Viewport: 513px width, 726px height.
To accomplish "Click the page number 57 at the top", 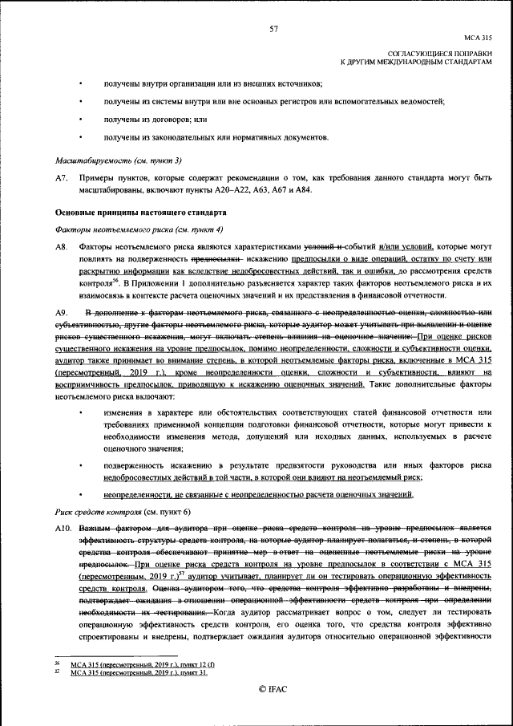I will pyautogui.click(x=273, y=29).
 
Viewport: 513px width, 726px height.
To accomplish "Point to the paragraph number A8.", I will pyautogui.click(x=61, y=248).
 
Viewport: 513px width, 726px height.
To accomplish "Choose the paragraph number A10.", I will pyautogui.click(x=63, y=529).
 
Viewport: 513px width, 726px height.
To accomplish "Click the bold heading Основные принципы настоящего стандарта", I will pyautogui.click(x=140, y=213).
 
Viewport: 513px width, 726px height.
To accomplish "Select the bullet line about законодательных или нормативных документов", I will pyautogui.click(x=216, y=136).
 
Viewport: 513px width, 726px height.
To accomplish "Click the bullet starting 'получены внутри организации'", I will pyautogui.click(x=212, y=83).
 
